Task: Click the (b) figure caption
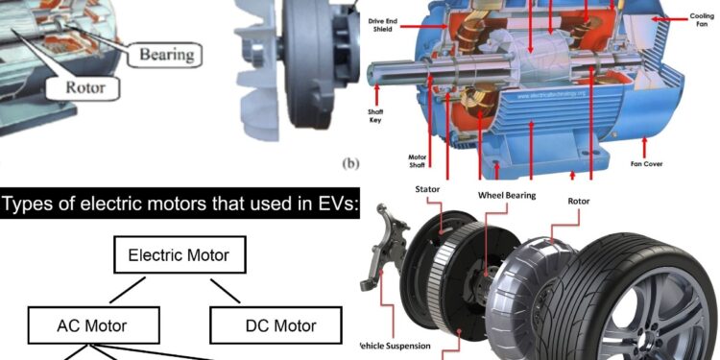[x=350, y=163]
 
